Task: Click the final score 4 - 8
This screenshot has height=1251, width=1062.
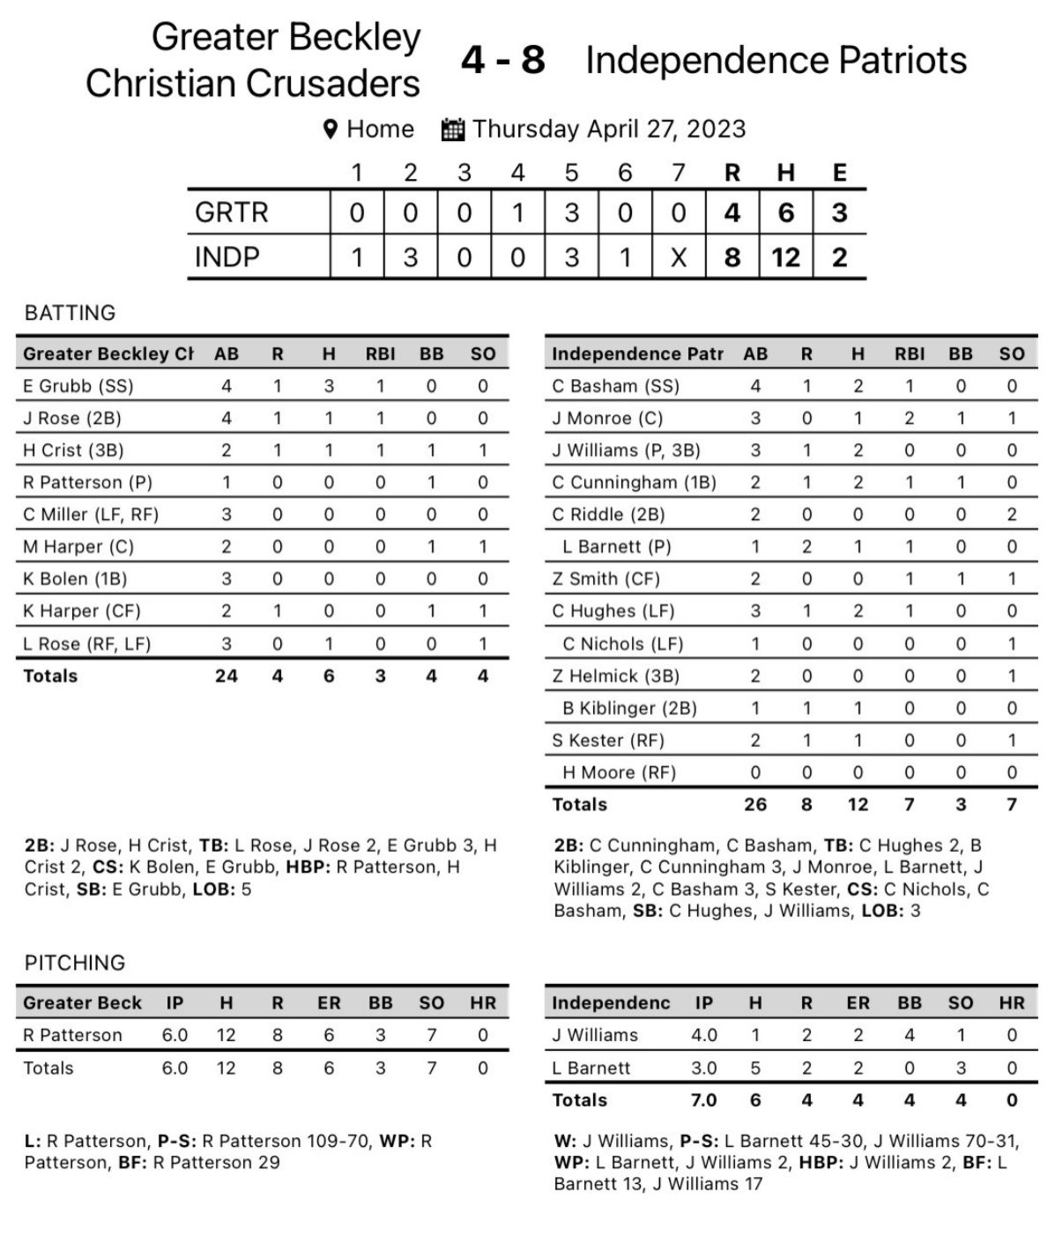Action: coord(502,60)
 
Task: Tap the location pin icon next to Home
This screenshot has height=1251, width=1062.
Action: coord(330,130)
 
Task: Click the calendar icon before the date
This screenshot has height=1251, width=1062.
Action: coord(452,130)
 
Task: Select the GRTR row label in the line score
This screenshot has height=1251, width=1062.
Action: coord(231,212)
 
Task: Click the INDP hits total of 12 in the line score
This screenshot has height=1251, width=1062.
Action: coord(785,257)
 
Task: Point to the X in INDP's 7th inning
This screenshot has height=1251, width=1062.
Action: coord(678,257)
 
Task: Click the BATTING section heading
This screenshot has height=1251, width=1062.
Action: coord(70,313)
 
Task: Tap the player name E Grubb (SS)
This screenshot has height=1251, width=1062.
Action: coord(78,386)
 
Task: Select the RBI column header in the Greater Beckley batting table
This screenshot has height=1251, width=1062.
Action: coord(380,354)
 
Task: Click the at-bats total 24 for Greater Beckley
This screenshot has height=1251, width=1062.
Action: coord(227,676)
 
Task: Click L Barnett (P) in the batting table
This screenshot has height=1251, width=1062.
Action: coord(616,547)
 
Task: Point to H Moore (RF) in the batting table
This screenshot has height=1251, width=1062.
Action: coord(619,772)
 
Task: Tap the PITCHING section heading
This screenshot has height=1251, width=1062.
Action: coord(75,963)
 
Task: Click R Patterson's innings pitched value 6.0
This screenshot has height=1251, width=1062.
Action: coord(175,1035)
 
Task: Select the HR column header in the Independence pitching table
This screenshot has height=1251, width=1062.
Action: coord(1011,1003)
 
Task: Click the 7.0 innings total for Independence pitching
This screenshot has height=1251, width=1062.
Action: coord(703,1100)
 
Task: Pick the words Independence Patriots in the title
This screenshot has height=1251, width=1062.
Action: coord(776,60)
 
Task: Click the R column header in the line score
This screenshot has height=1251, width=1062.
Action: coord(732,173)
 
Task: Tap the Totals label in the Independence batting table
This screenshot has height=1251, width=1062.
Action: coord(579,804)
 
